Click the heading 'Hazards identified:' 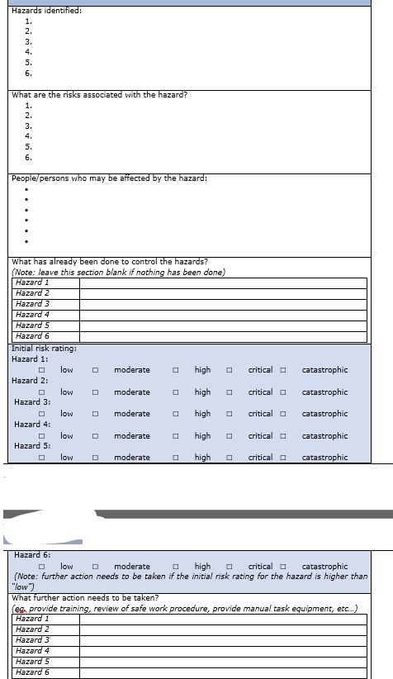(46, 10)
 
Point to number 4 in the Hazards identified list (29, 51)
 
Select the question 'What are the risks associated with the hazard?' (99, 94)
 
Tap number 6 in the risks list (29, 157)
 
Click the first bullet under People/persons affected (27, 188)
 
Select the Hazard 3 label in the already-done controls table (33, 304)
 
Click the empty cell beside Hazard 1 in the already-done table (223, 283)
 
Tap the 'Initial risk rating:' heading (44, 349)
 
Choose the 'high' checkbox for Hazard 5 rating (175, 458)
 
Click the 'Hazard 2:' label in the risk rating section (30, 381)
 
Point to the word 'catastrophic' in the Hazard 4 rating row (324, 436)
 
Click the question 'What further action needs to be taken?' (86, 598)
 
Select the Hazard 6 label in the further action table (33, 672)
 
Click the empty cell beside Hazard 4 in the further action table (223, 651)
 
